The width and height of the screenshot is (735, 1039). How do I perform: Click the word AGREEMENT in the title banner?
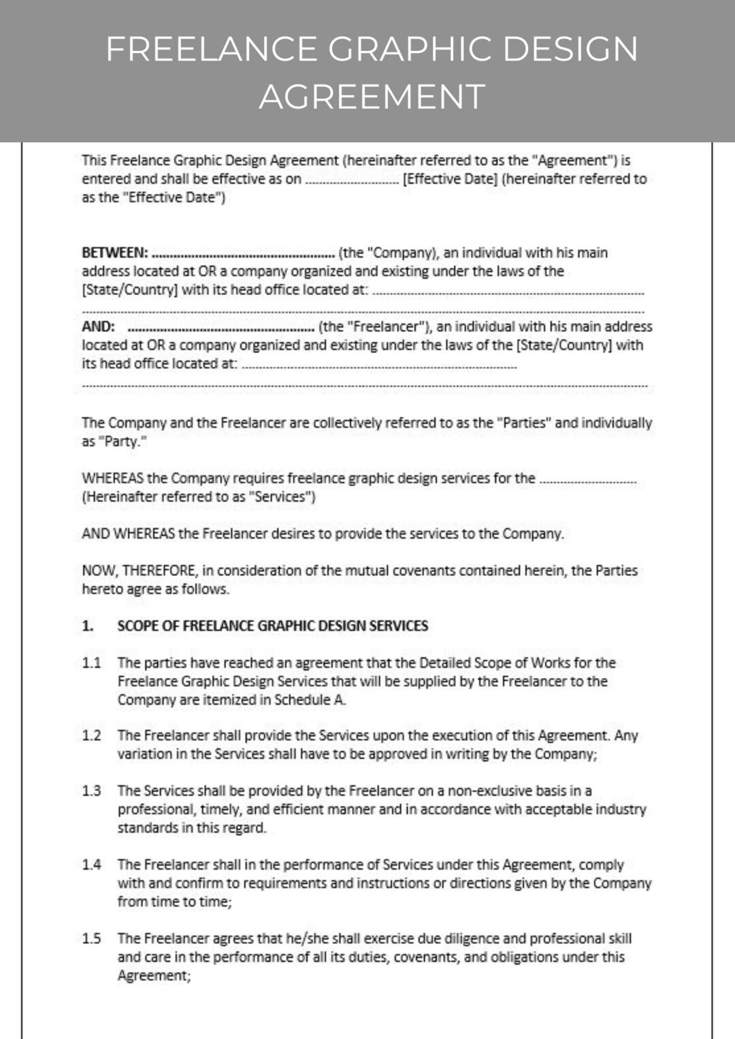372,97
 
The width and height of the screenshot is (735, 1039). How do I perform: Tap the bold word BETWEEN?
114,253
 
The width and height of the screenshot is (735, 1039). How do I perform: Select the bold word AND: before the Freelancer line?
98,326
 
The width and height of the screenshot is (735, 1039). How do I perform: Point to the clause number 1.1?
91,663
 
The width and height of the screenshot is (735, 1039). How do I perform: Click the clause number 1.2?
91,736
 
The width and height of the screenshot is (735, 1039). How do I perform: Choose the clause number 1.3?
91,791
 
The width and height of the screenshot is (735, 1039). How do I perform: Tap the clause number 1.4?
91,865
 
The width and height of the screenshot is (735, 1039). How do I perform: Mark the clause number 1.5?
91,939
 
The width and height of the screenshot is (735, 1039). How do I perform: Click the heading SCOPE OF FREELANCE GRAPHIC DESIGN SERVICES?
272,626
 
